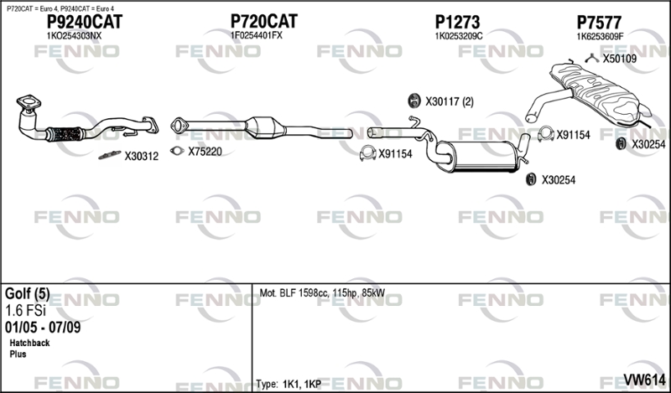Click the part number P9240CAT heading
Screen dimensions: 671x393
pyautogui.click(x=85, y=22)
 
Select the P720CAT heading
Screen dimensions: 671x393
pyautogui.click(x=264, y=21)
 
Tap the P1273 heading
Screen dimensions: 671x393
pyautogui.click(x=457, y=22)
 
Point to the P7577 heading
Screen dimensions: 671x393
pyautogui.click(x=599, y=22)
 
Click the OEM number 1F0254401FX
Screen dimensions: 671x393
pyautogui.click(x=257, y=35)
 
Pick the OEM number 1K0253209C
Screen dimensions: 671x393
pyautogui.click(x=459, y=36)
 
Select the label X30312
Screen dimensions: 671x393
pyautogui.click(x=142, y=157)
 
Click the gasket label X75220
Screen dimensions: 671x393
pyautogui.click(x=205, y=152)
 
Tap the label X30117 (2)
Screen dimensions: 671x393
pyautogui.click(x=450, y=101)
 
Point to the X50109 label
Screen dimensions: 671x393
pyautogui.click(x=620, y=59)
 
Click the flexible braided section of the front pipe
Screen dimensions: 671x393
pyautogui.click(x=64, y=134)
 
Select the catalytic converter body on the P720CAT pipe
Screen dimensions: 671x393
pyautogui.click(x=265, y=127)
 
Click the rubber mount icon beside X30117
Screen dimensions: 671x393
pyautogui.click(x=414, y=101)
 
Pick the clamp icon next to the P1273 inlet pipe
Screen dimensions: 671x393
pyautogui.click(x=367, y=153)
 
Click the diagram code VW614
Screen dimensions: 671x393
pyautogui.click(x=644, y=380)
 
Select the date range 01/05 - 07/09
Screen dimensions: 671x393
pyautogui.click(x=43, y=327)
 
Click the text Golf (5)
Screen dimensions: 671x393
pyautogui.click(x=28, y=294)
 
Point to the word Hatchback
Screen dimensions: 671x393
pyautogui.click(x=29, y=343)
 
